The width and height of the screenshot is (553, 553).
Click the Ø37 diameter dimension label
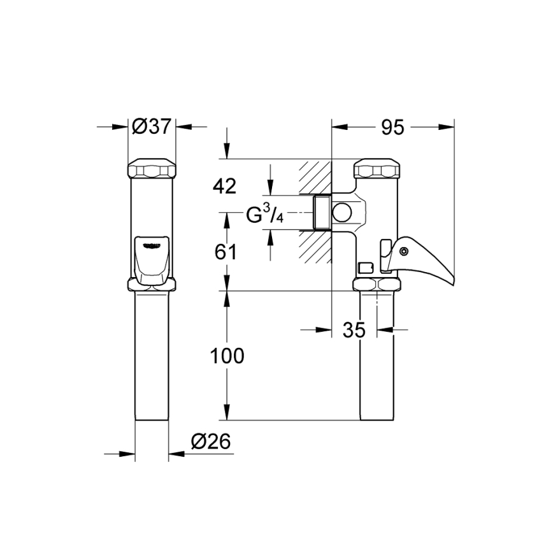tap(152, 127)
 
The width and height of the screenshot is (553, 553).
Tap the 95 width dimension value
tap(392, 127)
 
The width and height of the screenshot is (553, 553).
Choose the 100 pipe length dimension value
tap(227, 356)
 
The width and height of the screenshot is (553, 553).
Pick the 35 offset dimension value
tap(355, 330)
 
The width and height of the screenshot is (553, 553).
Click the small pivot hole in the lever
tap(403, 252)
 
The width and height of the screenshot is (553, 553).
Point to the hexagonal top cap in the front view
tap(152, 169)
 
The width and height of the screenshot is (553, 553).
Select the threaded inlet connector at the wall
tap(322, 212)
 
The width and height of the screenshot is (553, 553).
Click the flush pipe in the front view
tap(152, 357)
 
